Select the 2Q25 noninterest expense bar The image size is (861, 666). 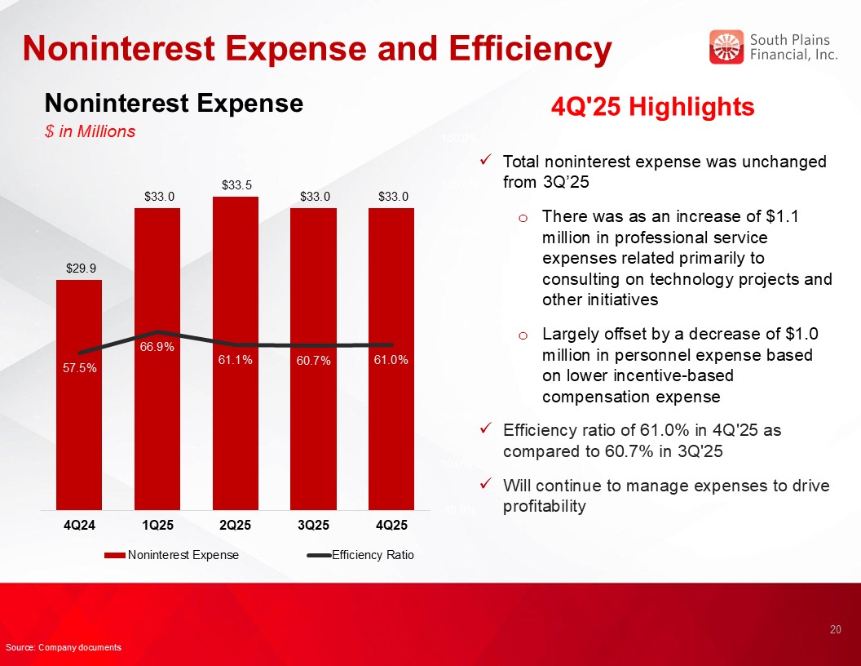click(235, 424)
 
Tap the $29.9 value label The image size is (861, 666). click(79, 267)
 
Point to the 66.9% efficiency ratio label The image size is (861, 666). click(157, 348)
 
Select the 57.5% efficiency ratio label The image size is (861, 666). click(79, 368)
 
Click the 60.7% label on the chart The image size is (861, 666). click(313, 361)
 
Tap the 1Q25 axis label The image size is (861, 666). click(157, 524)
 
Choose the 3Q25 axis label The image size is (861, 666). click(313, 524)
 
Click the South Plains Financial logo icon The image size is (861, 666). click(726, 47)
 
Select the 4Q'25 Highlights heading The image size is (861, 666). click(653, 107)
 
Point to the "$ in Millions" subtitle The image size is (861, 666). click(90, 131)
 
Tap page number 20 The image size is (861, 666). click(835, 629)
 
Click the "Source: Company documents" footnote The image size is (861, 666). click(64, 647)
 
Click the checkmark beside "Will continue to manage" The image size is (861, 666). click(486, 486)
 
